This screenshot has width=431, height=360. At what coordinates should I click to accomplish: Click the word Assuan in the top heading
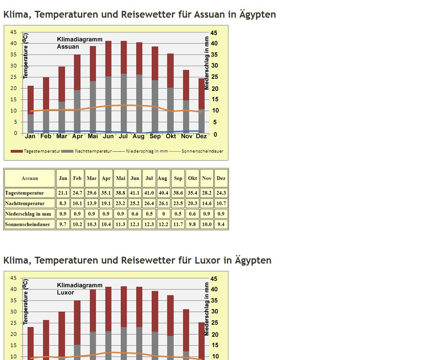tap(209, 14)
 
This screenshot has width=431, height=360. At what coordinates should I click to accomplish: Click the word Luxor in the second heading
tap(207, 260)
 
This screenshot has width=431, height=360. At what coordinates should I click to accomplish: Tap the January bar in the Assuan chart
tap(31, 108)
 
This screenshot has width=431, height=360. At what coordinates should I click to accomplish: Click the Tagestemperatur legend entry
tap(35, 151)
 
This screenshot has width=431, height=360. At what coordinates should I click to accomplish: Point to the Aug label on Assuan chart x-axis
tap(139, 137)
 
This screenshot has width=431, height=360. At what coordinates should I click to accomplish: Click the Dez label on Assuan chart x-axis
tap(201, 137)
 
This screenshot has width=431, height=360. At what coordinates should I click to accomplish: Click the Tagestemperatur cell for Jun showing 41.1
tap(135, 193)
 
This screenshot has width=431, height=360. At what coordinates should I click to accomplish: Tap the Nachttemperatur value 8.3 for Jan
tap(63, 203)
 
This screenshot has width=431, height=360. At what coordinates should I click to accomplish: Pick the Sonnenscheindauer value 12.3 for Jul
tap(149, 224)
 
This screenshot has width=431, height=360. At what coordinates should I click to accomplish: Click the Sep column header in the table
tap(178, 178)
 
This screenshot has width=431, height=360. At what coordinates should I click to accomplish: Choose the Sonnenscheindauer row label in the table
tap(27, 224)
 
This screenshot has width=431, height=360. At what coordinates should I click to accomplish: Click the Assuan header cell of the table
tap(30, 178)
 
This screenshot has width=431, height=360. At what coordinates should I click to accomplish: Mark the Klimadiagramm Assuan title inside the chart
tap(80, 43)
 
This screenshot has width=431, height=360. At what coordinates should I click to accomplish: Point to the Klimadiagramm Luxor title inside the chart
tap(80, 289)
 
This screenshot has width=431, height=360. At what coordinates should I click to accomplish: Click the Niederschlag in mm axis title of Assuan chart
tap(206, 62)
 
